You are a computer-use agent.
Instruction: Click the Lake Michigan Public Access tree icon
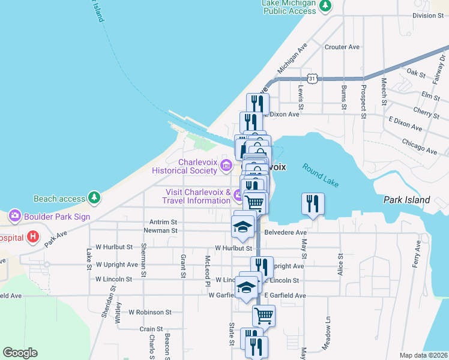325,6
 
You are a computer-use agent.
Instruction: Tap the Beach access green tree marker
94,197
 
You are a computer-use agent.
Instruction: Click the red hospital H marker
33,238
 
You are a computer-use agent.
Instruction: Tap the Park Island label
406,200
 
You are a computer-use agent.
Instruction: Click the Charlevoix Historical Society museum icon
226,165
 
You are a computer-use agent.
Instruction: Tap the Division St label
427,16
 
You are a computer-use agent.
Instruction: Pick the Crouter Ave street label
342,47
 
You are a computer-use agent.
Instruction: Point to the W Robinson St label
151,313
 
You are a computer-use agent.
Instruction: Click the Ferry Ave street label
418,254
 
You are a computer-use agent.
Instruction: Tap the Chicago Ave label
420,146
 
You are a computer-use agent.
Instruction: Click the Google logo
20,353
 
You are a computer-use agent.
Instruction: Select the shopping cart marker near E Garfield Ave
263,314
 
